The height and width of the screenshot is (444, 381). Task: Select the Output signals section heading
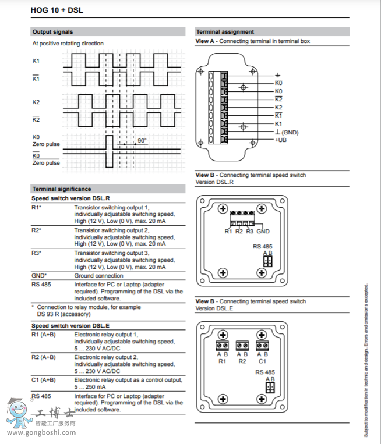coord(53,32)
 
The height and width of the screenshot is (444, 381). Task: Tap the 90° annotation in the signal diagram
coord(142,141)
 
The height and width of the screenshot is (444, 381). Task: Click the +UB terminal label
coord(281,140)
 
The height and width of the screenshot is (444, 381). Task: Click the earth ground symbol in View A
coord(278,76)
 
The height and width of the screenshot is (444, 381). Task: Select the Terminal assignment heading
coord(225,32)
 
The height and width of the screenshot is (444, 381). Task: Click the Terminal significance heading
coord(62,189)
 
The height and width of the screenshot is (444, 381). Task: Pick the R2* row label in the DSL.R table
coord(37,230)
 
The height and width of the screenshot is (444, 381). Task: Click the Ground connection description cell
coord(98,276)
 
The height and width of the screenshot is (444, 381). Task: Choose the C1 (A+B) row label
coord(44,379)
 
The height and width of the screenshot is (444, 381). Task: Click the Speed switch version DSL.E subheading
coord(70,326)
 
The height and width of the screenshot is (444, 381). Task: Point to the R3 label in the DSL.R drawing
coord(249,232)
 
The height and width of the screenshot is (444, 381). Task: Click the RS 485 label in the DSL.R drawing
coord(262,247)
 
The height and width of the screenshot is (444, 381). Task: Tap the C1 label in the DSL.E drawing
coord(262,361)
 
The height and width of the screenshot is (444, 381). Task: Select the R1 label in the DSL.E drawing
coord(222,361)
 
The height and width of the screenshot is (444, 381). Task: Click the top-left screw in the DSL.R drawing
coord(223,208)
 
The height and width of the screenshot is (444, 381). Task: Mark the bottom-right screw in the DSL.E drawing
coord(262,399)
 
